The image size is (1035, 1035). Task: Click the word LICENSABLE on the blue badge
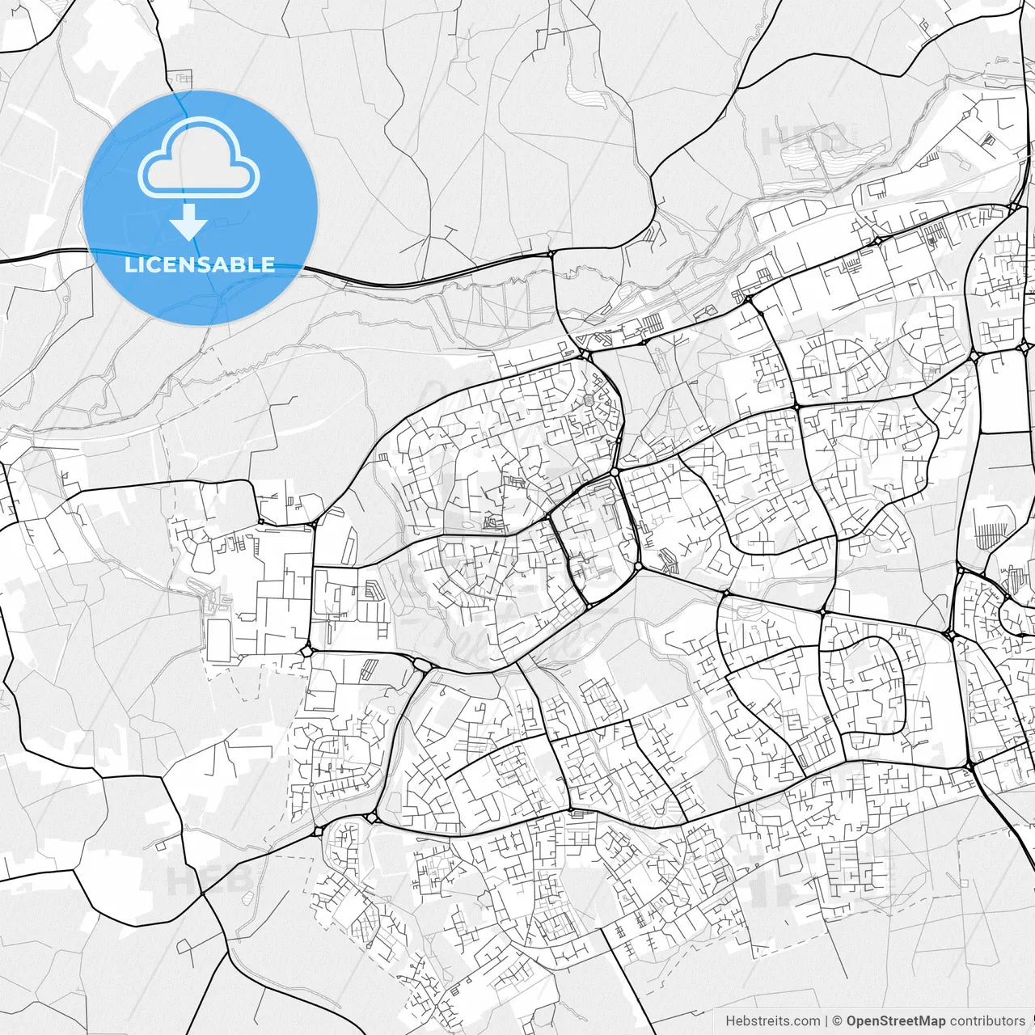coord(200,264)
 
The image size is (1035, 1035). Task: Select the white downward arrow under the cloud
coord(189,222)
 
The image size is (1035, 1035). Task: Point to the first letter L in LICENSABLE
coord(129,264)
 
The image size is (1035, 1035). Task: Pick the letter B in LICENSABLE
coord(239,264)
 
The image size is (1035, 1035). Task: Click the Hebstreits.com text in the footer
coord(772,1021)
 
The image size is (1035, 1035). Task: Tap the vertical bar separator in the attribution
coord(826,1021)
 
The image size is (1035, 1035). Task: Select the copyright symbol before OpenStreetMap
coord(838,1021)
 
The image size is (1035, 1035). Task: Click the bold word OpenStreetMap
coord(896,1021)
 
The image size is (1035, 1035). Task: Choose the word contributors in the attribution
coord(987,1021)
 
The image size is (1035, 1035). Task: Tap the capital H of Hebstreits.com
coord(730,1021)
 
